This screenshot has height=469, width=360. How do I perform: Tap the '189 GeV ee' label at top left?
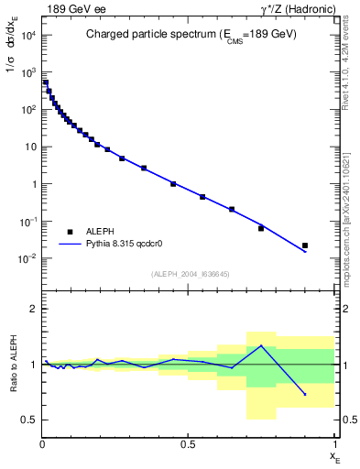pyautogui.click(x=71, y=8)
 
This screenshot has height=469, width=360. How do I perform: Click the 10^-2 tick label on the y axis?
pyautogui.click(x=27, y=259)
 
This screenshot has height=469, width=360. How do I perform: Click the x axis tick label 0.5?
pyautogui.click(x=189, y=444)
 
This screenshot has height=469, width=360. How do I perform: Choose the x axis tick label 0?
pyautogui.click(x=42, y=444)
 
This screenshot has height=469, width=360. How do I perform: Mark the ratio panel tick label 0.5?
pyautogui.click(x=29, y=420)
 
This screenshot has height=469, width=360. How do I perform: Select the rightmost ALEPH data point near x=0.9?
pyautogui.click(x=305, y=245)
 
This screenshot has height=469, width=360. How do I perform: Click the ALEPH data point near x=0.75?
pyautogui.click(x=261, y=228)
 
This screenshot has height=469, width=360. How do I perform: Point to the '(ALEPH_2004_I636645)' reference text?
pyautogui.click(x=188, y=274)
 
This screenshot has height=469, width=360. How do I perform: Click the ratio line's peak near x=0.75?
pyautogui.click(x=261, y=346)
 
